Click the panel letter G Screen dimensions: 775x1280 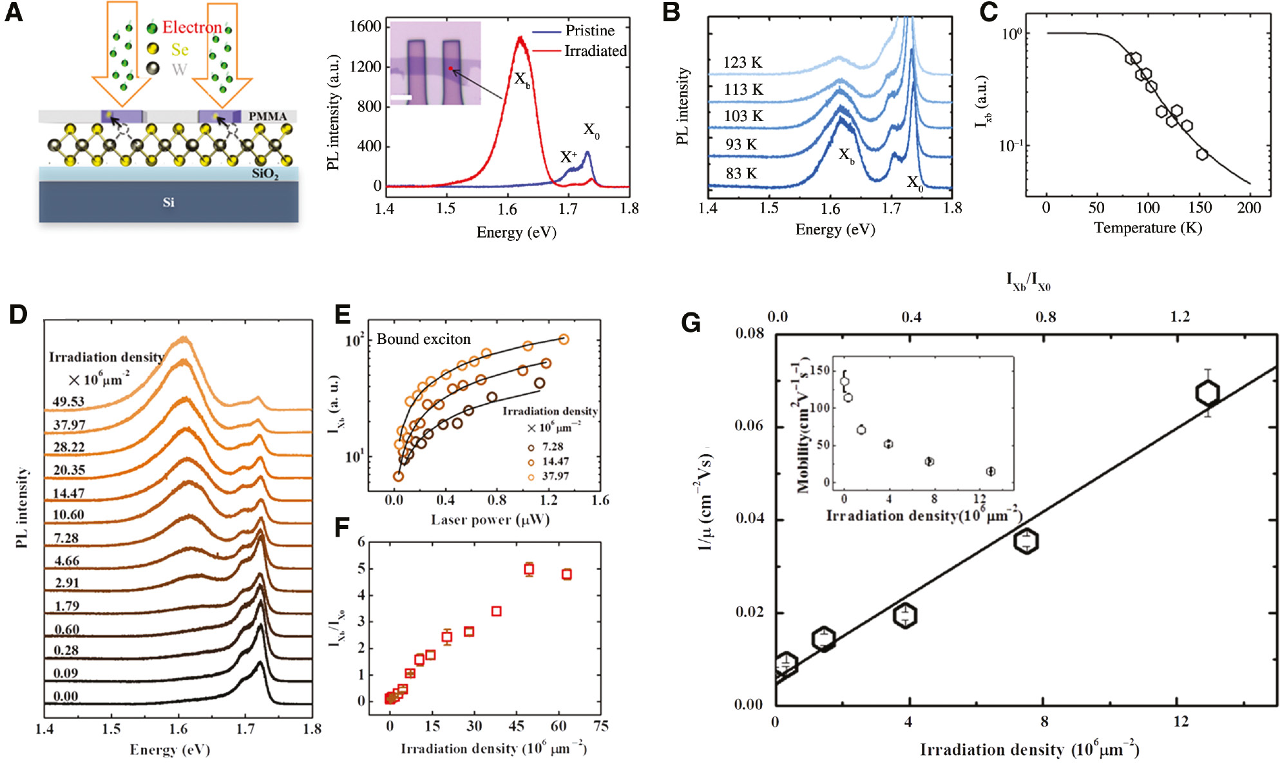pyautogui.click(x=691, y=322)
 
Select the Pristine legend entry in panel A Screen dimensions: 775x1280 pyautogui.click(x=589, y=30)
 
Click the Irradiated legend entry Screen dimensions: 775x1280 pyautogui.click(x=595, y=51)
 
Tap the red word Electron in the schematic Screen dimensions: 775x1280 pyautogui.click(x=191, y=27)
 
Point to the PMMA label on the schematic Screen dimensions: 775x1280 pyautogui.click(x=268, y=117)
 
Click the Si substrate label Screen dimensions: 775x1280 pyautogui.click(x=168, y=202)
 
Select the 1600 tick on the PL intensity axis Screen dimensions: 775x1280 pyautogui.click(x=365, y=26)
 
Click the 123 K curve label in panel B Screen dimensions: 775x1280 pyautogui.click(x=742, y=62)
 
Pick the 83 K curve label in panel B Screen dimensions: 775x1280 pyautogui.click(x=741, y=173)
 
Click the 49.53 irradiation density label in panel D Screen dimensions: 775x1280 pyautogui.click(x=68, y=401)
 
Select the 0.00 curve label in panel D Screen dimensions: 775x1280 pyautogui.click(x=65, y=696)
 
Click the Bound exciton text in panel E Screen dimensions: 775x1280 pyautogui.click(x=423, y=339)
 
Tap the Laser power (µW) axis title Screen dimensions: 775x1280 pyautogui.click(x=490, y=520)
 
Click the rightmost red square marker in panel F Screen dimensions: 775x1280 pyautogui.click(x=566, y=574)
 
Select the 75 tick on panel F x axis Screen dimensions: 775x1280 pyautogui.click(x=600, y=726)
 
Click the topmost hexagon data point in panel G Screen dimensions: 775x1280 pyautogui.click(x=1207, y=392)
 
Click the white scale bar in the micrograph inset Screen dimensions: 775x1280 pyautogui.click(x=401, y=97)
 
